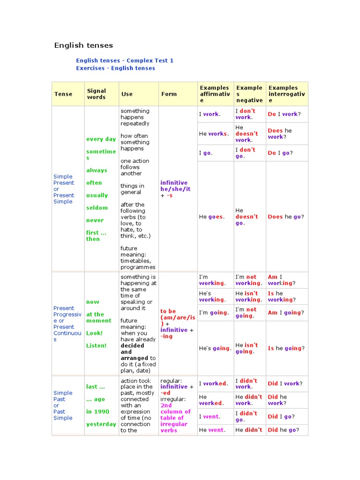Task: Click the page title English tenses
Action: click(83, 45)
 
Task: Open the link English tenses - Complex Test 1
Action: click(125, 60)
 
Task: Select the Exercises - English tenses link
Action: click(115, 68)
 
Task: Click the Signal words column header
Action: click(97, 94)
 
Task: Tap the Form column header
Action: click(169, 94)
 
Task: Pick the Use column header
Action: click(127, 94)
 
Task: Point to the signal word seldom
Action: click(97, 208)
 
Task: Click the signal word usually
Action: click(97, 195)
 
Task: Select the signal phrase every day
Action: click(101, 139)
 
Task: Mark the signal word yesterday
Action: click(101, 424)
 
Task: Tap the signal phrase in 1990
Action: click(97, 412)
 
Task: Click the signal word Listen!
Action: click(96, 345)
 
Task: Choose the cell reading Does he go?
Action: click(286, 217)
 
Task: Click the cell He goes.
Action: click(212, 217)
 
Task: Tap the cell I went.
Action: click(209, 416)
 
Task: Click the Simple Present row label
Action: click(64, 189)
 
